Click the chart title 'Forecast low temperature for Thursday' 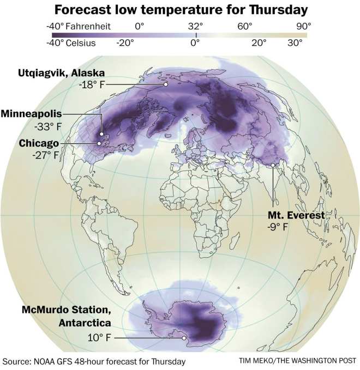point(181,10)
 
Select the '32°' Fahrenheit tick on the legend point(196,25)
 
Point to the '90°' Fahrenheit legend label point(304,25)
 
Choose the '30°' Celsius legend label point(295,43)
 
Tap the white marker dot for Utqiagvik point(165,84)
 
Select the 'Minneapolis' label point(32,114)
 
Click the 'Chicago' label point(39,143)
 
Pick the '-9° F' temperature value point(277,227)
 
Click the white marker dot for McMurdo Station point(184,338)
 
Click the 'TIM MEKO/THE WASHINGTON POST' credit point(297,361)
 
